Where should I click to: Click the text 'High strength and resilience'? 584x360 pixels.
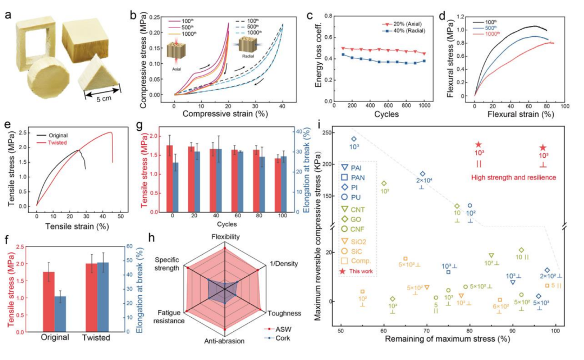tap(507, 177)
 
